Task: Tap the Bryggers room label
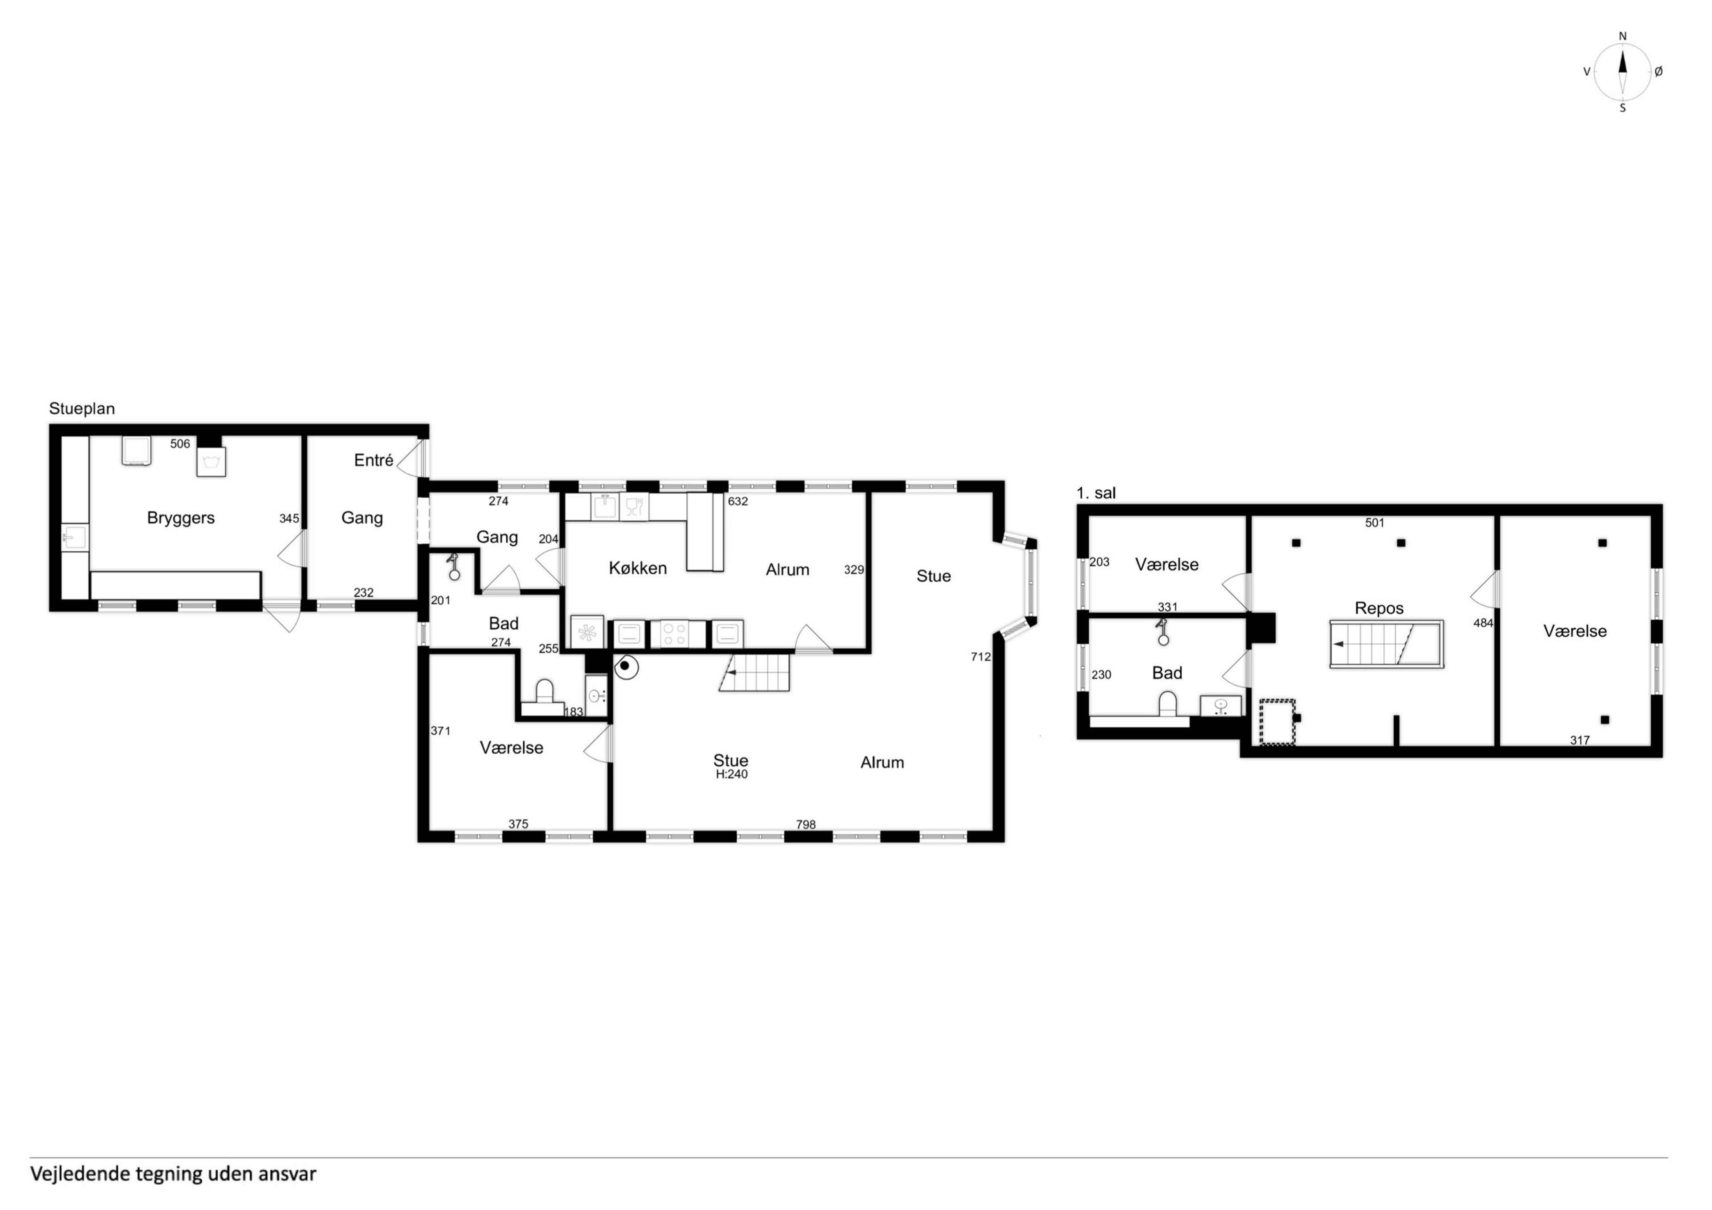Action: tap(181, 518)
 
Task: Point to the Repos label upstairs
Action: tap(1379, 609)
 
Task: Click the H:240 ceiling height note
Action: tap(732, 775)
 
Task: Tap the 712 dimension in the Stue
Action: tap(980, 657)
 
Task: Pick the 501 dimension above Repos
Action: tap(1375, 523)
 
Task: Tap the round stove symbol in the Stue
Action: tap(627, 667)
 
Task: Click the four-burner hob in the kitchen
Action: tap(674, 634)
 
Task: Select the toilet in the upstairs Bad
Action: tap(1167, 704)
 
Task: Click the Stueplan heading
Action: tap(82, 409)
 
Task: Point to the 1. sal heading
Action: tap(1096, 493)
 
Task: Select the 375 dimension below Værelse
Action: tap(518, 824)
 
